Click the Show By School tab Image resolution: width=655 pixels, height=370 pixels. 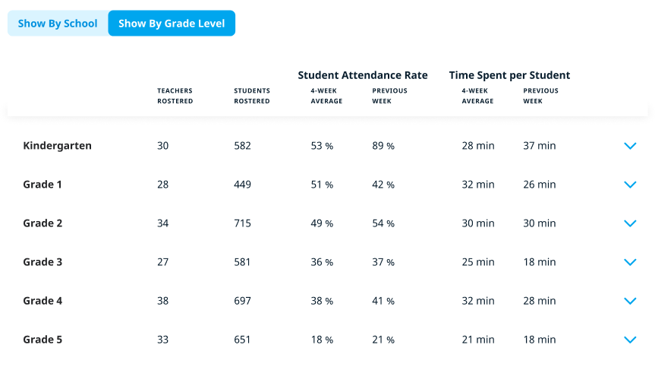(58, 24)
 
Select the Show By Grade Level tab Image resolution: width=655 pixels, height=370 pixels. (172, 24)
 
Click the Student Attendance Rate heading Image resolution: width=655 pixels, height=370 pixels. (363, 75)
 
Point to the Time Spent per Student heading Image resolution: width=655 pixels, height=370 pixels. (509, 75)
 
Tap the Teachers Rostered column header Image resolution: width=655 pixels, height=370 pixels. (175, 96)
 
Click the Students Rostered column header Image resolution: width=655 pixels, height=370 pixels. (252, 96)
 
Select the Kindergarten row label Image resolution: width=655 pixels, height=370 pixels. (57, 146)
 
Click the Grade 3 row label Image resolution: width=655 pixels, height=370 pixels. (43, 262)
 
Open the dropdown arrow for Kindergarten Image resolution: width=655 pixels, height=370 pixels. (629, 146)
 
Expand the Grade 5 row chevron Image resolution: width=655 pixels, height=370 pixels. (629, 340)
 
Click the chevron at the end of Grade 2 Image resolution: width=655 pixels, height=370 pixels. (629, 223)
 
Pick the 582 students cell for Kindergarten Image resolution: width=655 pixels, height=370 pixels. (242, 146)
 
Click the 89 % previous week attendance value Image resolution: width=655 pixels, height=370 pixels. (383, 146)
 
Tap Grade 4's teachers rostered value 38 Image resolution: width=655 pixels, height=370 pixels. (163, 301)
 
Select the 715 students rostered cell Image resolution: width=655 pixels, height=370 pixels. (242, 223)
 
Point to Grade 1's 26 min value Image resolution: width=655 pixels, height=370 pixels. (540, 185)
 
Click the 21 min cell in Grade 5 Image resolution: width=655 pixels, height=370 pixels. (478, 340)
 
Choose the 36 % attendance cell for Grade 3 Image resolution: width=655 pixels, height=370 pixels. (322, 262)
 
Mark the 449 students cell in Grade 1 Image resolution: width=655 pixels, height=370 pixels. (242, 185)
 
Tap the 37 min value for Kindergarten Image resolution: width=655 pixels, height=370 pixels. (540, 146)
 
